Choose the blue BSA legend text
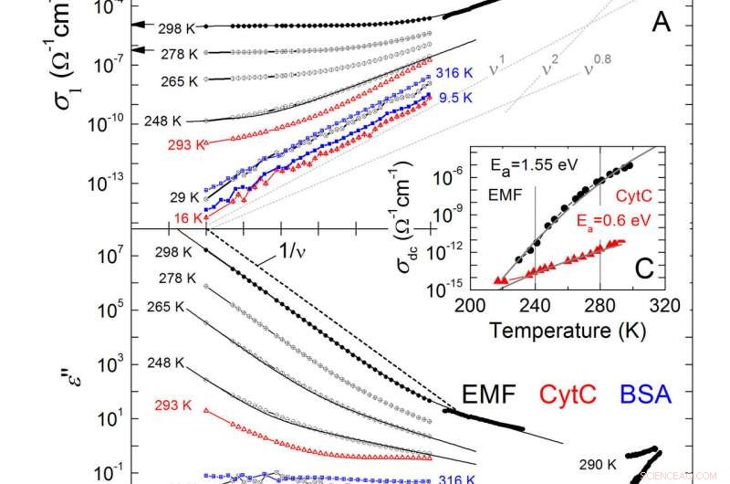tap(641, 395)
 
